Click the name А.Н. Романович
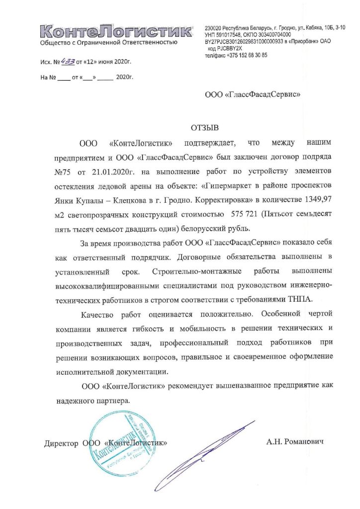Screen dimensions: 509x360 tap(294, 441)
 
